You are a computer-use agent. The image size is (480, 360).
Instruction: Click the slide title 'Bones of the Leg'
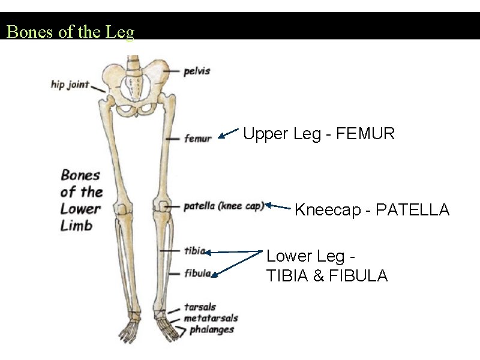(x=70, y=32)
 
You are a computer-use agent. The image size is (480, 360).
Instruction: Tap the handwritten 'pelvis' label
(x=197, y=71)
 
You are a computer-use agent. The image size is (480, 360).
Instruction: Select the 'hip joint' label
(x=70, y=84)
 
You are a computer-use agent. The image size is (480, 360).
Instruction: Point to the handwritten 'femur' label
(x=198, y=139)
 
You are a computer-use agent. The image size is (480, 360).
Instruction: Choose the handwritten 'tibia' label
(x=195, y=250)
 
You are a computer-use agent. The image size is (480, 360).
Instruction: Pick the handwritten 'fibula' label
(x=197, y=273)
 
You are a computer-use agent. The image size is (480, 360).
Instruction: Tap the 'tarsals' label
(x=200, y=307)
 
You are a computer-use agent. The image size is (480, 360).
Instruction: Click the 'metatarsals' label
(x=211, y=318)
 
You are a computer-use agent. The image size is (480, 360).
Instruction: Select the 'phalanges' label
(x=212, y=329)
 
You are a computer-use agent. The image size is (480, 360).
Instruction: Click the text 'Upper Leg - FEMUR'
(x=319, y=134)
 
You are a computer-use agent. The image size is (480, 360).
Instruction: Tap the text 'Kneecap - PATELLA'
(x=372, y=210)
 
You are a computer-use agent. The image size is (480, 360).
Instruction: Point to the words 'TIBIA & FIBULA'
(x=327, y=276)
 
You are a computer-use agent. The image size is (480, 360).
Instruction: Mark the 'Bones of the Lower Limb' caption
(x=81, y=200)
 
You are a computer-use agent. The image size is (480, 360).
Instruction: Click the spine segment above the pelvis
(x=133, y=63)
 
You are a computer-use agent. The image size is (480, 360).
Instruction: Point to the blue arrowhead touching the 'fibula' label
(x=214, y=275)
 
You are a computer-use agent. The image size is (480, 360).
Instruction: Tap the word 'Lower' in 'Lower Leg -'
(x=289, y=256)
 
